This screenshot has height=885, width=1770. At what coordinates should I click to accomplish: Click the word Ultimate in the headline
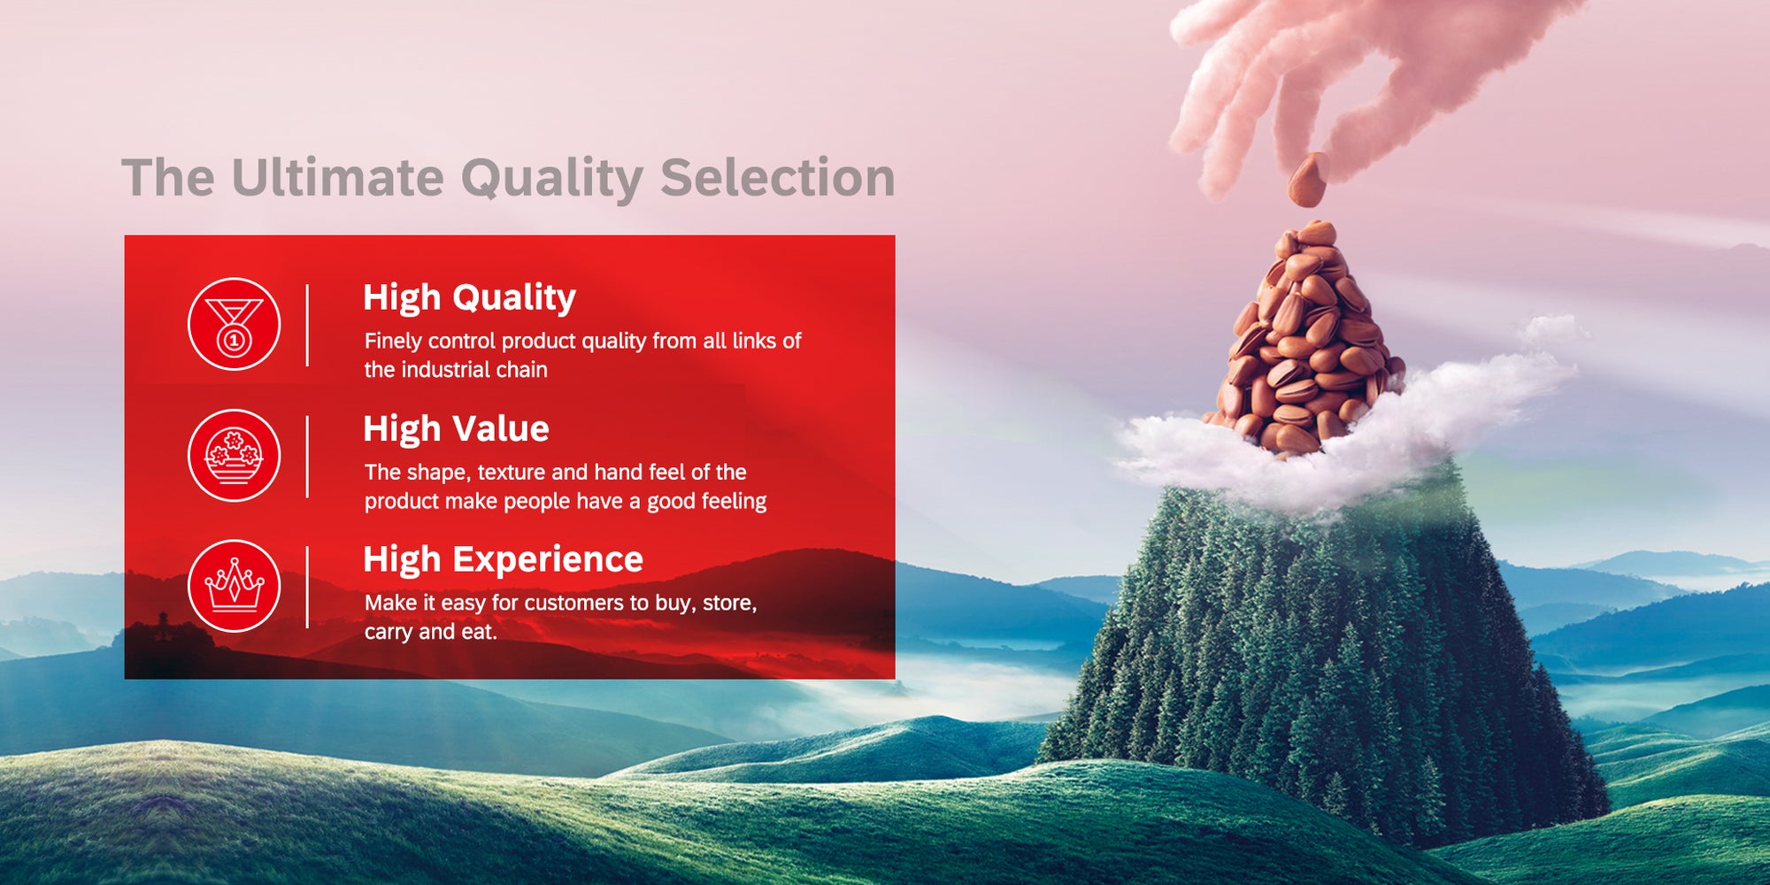337,177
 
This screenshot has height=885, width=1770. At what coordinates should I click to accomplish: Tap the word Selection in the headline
777,177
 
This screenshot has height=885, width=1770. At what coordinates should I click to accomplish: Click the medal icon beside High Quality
235,324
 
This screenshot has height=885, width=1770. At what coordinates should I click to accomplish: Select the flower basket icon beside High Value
235,456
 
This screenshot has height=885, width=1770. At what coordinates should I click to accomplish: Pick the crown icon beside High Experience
235,586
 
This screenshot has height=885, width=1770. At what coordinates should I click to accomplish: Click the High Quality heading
469,298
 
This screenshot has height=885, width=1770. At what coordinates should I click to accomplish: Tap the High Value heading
456,429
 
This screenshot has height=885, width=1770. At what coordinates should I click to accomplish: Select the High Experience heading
503,560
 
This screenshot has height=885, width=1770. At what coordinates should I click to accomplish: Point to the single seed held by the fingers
1308,180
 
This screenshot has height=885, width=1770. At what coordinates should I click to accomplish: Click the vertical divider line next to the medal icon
307,325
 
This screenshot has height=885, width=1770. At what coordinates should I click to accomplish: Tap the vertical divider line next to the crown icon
307,587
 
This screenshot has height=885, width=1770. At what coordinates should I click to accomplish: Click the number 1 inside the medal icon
235,340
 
